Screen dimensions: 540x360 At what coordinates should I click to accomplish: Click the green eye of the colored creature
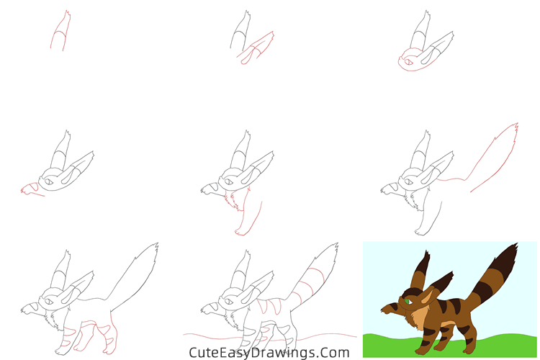pos(408,302)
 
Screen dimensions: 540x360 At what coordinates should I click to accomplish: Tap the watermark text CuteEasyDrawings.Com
pos(269,353)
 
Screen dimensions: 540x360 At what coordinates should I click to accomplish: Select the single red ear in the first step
pos(61,31)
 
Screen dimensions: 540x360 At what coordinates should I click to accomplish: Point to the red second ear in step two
pos(256,48)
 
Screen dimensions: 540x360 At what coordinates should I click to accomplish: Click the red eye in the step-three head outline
pos(408,63)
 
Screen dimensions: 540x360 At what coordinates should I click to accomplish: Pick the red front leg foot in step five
pos(240,233)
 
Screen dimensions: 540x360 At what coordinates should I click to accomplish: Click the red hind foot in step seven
pos(109,348)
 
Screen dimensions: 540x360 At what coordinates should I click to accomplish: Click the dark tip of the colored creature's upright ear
pos(424,261)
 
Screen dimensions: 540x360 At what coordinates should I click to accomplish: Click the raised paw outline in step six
pos(390,189)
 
